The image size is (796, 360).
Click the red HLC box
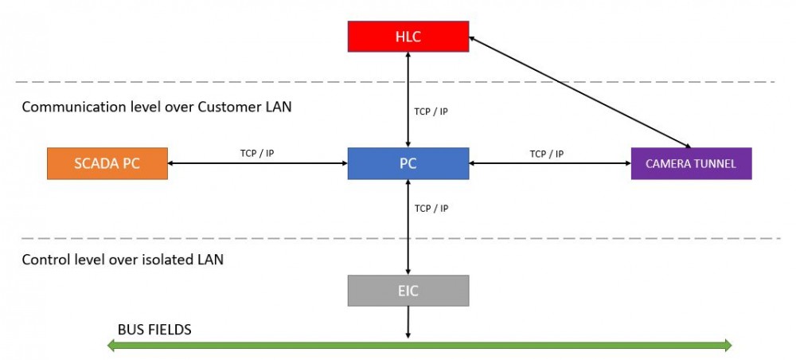408,37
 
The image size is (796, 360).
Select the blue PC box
408,163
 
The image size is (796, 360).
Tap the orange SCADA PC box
107,163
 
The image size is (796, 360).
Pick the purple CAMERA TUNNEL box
691,163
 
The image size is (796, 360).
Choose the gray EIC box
408,291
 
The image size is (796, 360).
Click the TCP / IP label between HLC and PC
431,112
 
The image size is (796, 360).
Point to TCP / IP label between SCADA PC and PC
257,153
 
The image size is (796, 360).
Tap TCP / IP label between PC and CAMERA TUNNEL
547,154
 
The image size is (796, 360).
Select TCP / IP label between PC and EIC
431,208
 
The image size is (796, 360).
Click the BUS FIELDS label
154,330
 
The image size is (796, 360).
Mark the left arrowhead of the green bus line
111,346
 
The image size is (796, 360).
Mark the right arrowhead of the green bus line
727,346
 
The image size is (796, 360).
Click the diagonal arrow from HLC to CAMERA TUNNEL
579,92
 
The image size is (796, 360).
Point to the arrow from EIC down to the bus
408,322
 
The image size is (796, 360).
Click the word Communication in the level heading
68,108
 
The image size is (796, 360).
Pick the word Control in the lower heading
42,260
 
